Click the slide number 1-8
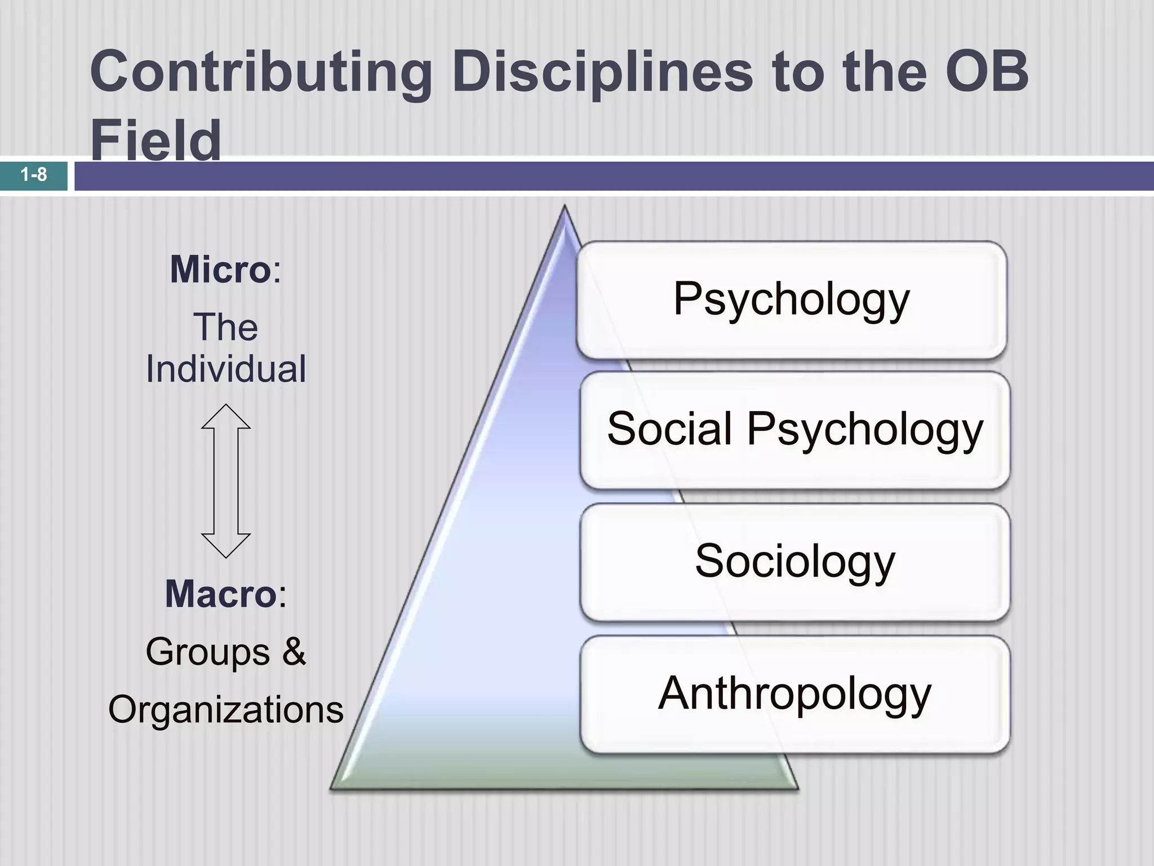click(34, 175)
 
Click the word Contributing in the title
click(260, 73)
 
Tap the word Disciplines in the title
click(602, 73)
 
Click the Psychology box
click(791, 299)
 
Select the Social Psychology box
click(795, 430)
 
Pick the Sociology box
click(795, 562)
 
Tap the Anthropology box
click(795, 694)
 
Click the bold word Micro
click(220, 270)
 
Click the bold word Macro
click(220, 594)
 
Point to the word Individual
click(226, 369)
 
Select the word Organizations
click(226, 710)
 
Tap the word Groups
click(208, 652)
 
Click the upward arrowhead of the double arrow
click(226, 417)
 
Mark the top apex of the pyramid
click(564, 207)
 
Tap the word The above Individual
click(226, 328)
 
